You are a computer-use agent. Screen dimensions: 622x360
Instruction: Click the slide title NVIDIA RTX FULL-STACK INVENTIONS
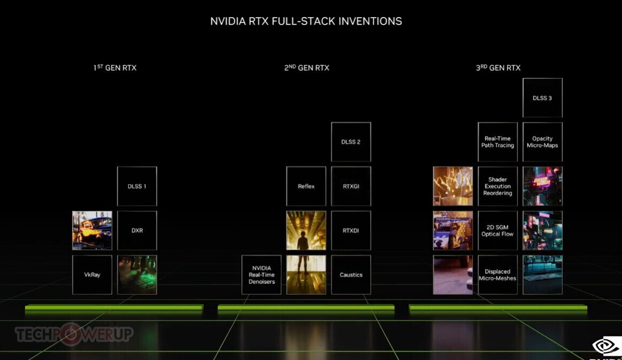click(x=306, y=22)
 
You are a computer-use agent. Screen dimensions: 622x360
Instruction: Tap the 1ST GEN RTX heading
click(x=114, y=68)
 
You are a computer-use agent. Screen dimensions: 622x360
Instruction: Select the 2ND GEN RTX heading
click(x=306, y=68)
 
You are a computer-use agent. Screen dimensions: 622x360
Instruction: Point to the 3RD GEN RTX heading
click(x=498, y=68)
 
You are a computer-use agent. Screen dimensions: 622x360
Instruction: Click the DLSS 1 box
click(x=137, y=186)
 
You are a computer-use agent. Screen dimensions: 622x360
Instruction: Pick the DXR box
click(x=137, y=231)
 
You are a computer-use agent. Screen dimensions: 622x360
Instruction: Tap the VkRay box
click(x=92, y=275)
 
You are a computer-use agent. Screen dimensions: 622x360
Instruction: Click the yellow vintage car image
click(x=92, y=231)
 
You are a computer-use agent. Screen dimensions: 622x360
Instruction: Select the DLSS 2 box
click(x=351, y=142)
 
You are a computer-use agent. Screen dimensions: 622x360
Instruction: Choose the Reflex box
click(x=306, y=186)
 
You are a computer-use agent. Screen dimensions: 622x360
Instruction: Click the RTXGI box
click(x=351, y=186)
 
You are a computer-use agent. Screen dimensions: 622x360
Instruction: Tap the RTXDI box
click(x=351, y=231)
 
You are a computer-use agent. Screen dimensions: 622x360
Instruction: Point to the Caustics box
click(x=351, y=275)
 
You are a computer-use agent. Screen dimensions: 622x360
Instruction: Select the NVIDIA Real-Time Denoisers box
click(x=261, y=275)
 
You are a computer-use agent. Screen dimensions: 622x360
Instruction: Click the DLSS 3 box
click(x=542, y=98)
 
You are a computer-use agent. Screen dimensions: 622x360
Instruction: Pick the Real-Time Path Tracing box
click(x=497, y=142)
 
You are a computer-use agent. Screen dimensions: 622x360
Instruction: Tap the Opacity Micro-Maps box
click(x=542, y=142)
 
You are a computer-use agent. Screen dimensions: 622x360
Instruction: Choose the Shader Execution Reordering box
click(x=497, y=186)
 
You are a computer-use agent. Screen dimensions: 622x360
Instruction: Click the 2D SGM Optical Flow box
click(x=497, y=231)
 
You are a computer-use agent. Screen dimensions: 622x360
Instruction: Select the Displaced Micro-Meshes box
click(x=497, y=275)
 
